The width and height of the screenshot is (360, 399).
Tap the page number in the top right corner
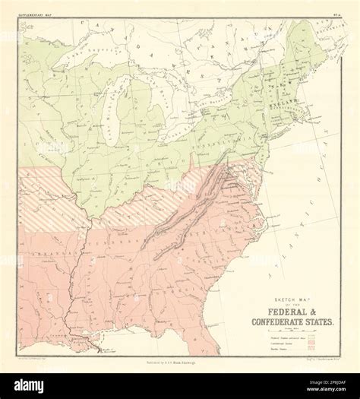(x=337, y=11)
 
